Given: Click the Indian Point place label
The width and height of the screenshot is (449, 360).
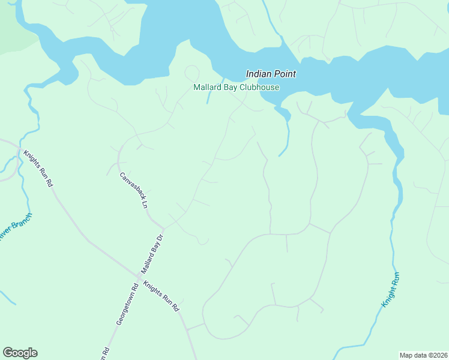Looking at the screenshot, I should coord(271,74).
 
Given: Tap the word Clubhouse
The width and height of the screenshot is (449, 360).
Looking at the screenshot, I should coord(259,88).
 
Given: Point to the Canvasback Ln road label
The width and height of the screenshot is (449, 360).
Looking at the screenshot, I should coord(133,190).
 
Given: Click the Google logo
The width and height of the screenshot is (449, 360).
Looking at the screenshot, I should coord(20,353).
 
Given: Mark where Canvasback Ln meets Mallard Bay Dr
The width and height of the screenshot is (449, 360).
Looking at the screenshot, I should coord(162,227).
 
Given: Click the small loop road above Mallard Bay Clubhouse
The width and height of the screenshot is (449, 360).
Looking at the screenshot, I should coord(192,73).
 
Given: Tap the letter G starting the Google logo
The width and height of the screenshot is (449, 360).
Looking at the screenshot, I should coord(7,353).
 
